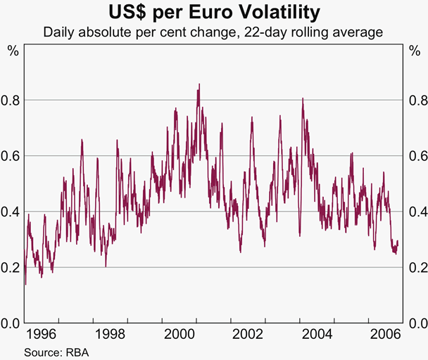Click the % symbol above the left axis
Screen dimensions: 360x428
tap(13, 51)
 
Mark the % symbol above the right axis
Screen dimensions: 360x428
tap(414, 51)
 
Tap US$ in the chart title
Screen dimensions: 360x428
tap(129, 12)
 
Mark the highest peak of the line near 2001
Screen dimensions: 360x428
tap(199, 84)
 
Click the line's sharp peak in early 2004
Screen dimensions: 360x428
tap(303, 98)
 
